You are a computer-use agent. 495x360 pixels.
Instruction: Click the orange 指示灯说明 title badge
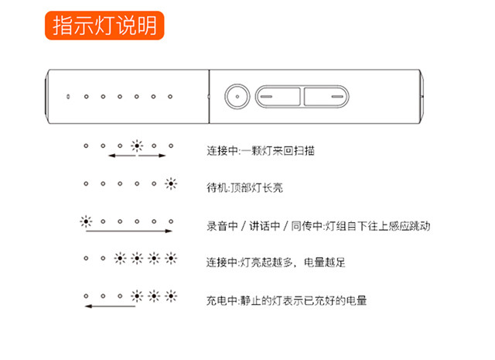[x=104, y=26]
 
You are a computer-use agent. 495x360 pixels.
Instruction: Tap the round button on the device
[x=237, y=97]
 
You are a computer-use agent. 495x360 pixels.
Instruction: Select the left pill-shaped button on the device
[x=278, y=97]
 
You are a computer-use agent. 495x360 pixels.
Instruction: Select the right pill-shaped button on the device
[x=326, y=97]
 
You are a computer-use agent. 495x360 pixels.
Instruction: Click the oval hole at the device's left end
[x=68, y=97]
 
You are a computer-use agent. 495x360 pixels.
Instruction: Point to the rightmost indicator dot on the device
[x=170, y=97]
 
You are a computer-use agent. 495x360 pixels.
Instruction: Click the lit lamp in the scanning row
[x=137, y=146]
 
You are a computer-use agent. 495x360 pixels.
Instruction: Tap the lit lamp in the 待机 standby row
[x=171, y=183]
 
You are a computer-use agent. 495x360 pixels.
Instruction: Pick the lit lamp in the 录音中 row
[x=86, y=221]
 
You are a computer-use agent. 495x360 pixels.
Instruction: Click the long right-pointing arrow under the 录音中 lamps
[x=129, y=231]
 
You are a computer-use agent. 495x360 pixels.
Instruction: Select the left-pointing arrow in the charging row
[x=110, y=306]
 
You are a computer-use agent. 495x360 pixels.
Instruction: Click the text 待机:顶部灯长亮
[x=244, y=188]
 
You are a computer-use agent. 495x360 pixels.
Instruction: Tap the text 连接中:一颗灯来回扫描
[x=261, y=151]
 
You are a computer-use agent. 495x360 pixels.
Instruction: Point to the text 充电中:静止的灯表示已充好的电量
[x=287, y=300]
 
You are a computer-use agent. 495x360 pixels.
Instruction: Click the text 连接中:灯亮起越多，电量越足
[x=275, y=262]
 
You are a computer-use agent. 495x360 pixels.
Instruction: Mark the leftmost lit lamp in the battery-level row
[x=120, y=259]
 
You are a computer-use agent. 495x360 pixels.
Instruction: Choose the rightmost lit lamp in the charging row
[x=171, y=297]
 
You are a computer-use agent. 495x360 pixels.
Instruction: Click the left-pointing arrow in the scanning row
[x=122, y=156]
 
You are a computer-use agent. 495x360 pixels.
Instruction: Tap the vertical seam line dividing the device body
[x=209, y=97]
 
